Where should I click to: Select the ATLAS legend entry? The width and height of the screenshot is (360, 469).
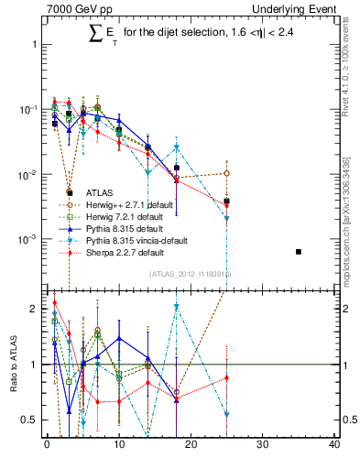99,192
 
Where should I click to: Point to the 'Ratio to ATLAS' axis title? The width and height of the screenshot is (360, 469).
12,364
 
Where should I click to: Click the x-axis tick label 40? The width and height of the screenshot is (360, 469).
334,445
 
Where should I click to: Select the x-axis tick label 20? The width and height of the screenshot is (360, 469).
191,445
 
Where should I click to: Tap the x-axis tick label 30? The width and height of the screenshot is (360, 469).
262,445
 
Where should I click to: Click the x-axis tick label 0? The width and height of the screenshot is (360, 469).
47,445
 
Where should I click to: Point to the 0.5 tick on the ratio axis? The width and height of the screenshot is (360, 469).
32,420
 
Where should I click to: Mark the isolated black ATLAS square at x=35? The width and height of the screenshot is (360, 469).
299,251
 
